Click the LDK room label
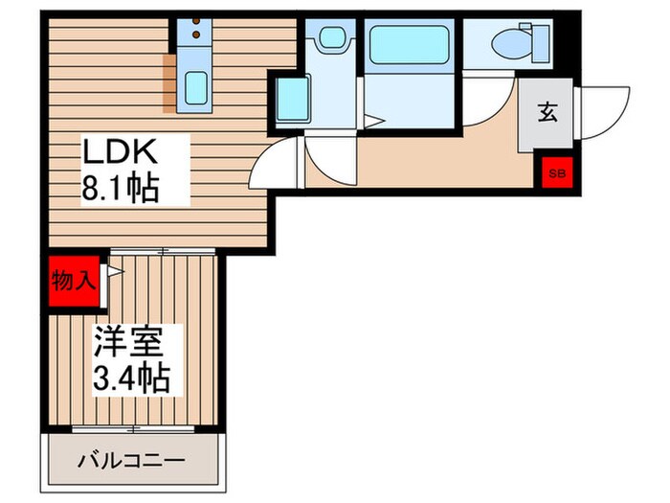(119, 153)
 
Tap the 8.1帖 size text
(119, 187)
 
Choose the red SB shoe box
(556, 173)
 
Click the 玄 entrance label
(547, 112)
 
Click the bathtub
(411, 44)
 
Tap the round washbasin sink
(331, 39)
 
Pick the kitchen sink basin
(197, 89)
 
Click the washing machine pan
(290, 98)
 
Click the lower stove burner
(197, 36)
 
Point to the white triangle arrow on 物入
(114, 272)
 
